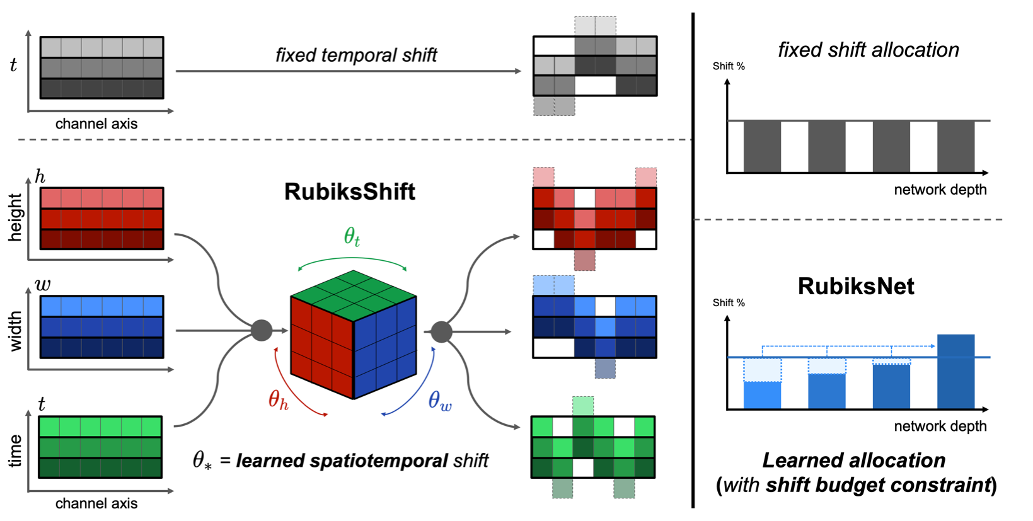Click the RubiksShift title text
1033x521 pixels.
[x=349, y=192]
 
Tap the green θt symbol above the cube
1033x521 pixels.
[x=352, y=237]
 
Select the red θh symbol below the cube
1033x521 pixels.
[x=278, y=399]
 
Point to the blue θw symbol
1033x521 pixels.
[x=439, y=401]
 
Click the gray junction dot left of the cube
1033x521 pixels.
[x=262, y=330]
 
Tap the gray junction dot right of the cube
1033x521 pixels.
[x=441, y=331]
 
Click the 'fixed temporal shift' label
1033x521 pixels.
[x=356, y=55]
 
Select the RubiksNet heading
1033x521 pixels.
[x=855, y=286]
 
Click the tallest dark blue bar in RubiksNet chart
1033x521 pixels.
[x=955, y=372]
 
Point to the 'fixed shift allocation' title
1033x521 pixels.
[x=868, y=50]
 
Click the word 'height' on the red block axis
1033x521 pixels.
[x=15, y=217]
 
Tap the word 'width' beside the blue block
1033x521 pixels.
[x=15, y=331]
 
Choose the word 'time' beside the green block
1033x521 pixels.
[x=15, y=450]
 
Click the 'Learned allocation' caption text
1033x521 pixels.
[x=853, y=461]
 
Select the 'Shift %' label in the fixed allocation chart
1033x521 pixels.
[x=728, y=66]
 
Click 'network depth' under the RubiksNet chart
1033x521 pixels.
[x=940, y=427]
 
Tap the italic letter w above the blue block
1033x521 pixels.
[x=43, y=285]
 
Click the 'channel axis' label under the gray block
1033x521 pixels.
[x=96, y=124]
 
